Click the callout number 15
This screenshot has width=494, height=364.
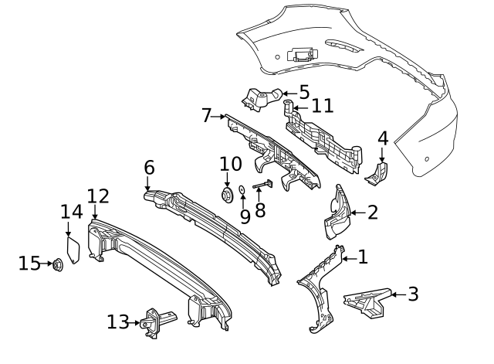pos(29,264)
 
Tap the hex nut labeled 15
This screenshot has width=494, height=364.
pos(58,265)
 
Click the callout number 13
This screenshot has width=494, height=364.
pos(118,321)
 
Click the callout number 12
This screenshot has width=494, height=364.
pos(98,196)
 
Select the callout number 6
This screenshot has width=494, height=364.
pos(149,168)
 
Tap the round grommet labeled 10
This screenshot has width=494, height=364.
pos(228,194)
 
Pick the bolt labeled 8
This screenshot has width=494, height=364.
pos(262,185)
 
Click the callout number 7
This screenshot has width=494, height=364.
pos(206,116)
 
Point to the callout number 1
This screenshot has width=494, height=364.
pos(363,257)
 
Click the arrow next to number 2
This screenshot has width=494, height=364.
pos(357,212)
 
